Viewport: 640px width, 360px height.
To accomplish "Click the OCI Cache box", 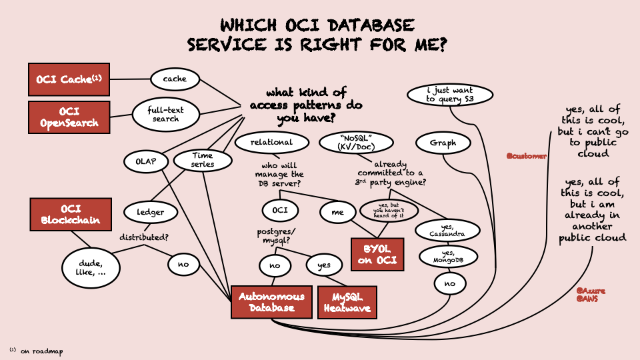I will click(x=69, y=79).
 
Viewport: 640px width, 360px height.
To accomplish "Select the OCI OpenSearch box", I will click(x=69, y=117).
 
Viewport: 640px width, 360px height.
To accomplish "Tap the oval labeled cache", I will click(x=175, y=79).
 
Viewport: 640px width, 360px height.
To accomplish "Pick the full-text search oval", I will click(x=165, y=114).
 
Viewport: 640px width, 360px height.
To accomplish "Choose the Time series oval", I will click(x=203, y=160).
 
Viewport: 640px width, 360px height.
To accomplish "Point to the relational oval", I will click(x=272, y=142).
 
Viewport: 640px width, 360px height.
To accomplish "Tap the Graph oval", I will click(x=443, y=143).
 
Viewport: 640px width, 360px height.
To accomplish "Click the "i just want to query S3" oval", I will click(x=450, y=94).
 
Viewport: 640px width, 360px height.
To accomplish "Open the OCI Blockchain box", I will click(x=70, y=214).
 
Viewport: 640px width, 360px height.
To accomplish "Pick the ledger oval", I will click(x=151, y=212).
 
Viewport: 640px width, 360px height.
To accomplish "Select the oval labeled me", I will click(x=337, y=212).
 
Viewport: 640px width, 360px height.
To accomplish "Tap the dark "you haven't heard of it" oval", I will click(x=389, y=211).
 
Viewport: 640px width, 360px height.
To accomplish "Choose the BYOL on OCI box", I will click(x=379, y=253).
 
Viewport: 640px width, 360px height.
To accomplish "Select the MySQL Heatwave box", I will click(x=347, y=302).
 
